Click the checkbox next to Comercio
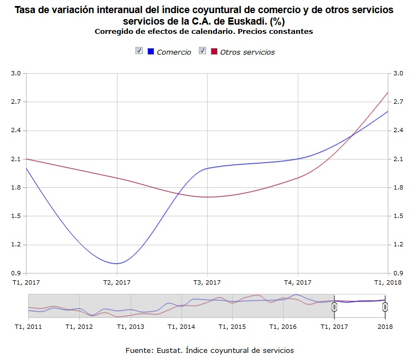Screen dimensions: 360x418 tap(139, 51)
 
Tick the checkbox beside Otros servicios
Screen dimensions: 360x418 tap(202, 51)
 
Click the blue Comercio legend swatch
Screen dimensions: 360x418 tap(151, 51)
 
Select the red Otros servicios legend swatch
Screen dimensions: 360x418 tap(214, 51)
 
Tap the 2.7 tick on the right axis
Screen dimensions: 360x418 tap(397, 102)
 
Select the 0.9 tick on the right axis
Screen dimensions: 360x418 tap(397, 273)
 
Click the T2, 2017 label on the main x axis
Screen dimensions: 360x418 tap(117, 282)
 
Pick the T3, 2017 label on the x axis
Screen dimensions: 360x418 tap(207, 282)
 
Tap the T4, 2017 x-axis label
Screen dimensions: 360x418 tap(298, 282)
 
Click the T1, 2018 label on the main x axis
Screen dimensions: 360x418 tap(387, 282)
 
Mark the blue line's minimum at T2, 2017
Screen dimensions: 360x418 tap(117, 263)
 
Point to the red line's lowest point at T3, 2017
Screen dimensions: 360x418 tap(207, 197)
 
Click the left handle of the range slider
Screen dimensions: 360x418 tap(334, 307)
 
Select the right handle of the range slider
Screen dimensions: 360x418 tap(385, 307)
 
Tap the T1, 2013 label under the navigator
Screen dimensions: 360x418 tap(130, 326)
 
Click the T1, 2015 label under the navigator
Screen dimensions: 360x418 tap(232, 326)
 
